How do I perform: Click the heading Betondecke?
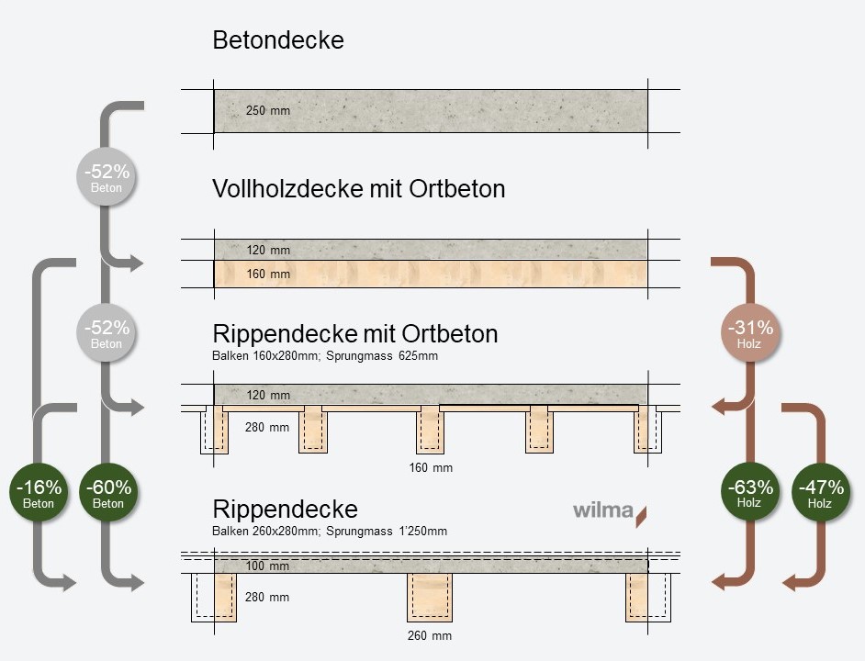[x=277, y=40]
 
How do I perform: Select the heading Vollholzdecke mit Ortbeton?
[x=358, y=189]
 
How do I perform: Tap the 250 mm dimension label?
[x=267, y=111]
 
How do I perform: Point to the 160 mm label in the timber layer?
[x=267, y=274]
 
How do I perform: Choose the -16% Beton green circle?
[x=39, y=494]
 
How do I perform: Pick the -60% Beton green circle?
[x=107, y=494]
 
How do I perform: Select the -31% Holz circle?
[x=749, y=334]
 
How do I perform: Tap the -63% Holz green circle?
[x=749, y=494]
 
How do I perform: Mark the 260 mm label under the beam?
[x=430, y=635]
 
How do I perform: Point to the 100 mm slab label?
[x=267, y=566]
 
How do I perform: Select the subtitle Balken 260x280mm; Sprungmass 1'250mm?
[x=329, y=532]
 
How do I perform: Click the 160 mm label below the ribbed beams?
[x=431, y=468]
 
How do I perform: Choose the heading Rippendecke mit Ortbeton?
[x=354, y=333]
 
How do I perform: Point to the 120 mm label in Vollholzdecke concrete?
[x=267, y=249]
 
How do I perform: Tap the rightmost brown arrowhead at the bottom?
[x=789, y=582]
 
